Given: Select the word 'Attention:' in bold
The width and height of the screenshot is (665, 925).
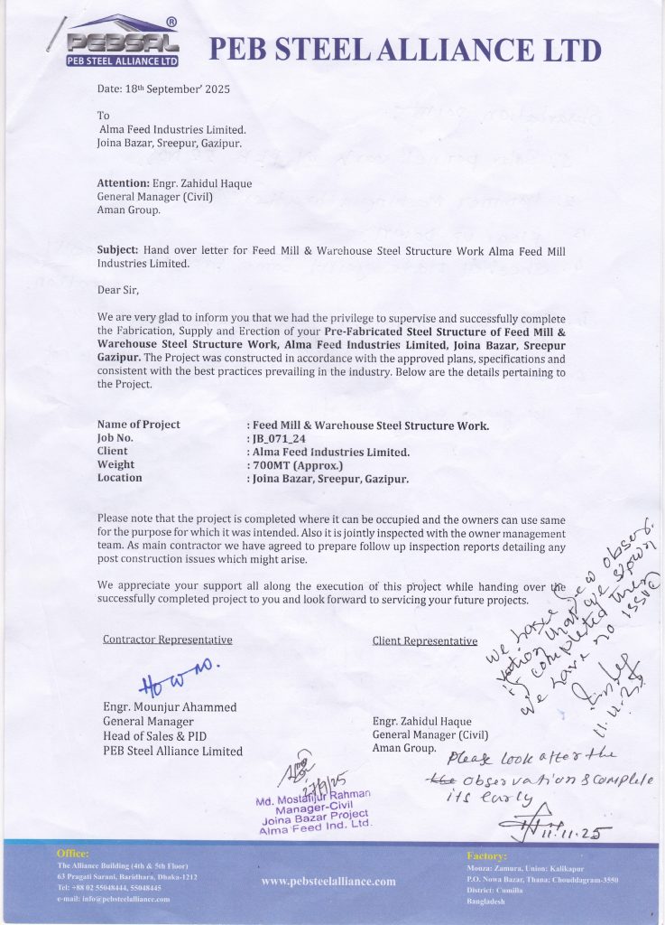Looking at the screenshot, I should (123, 183).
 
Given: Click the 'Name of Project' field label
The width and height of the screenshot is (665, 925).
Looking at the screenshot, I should (139, 425).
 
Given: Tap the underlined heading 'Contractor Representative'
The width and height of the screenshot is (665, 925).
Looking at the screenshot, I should (168, 640).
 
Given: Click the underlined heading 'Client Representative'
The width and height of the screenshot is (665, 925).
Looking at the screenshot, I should (425, 640).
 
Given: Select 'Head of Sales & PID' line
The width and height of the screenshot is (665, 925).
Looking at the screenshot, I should (154, 736).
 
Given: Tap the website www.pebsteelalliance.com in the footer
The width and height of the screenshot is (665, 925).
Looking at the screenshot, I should (328, 881).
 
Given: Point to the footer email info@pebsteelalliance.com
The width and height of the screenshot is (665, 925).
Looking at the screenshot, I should (113, 899).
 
